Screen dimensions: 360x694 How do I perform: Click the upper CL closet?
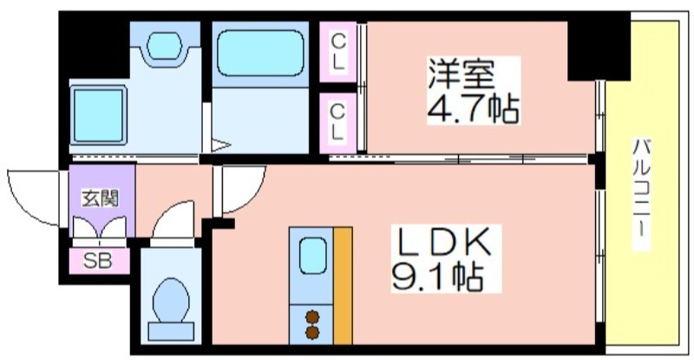pos(339,49)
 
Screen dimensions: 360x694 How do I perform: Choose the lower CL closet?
pos(339,121)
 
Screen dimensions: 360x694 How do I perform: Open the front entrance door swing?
pos(35,194)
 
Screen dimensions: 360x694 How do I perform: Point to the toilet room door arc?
pos(173,220)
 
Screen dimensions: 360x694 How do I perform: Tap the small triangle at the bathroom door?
pos(220,146)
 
